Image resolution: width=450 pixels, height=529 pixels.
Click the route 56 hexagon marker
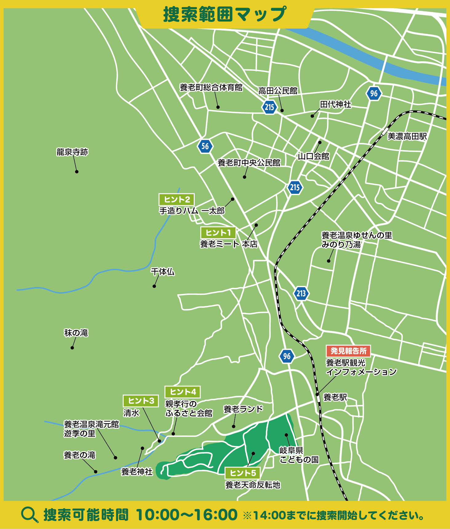click(x=205, y=146)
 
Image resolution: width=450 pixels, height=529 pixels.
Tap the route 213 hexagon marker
click(x=301, y=293)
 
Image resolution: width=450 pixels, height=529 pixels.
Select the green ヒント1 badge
click(x=218, y=233)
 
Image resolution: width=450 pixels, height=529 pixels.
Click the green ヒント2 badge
click(x=177, y=199)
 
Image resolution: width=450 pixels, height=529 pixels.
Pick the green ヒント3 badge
click(x=141, y=401)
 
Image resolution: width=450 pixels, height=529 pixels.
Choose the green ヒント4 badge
click(x=183, y=392)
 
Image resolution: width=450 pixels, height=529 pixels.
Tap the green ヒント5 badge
click(x=242, y=473)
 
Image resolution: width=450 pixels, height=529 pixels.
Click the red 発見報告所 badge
click(x=348, y=351)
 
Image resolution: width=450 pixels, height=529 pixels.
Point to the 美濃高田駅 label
click(x=407, y=136)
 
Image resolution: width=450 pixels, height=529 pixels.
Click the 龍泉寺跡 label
click(x=72, y=152)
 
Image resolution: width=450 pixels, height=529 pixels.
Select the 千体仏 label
click(x=162, y=272)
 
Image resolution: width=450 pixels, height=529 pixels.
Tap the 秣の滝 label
click(x=76, y=333)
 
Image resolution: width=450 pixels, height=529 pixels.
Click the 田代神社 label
click(x=336, y=105)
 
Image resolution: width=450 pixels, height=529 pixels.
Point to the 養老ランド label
click(x=243, y=409)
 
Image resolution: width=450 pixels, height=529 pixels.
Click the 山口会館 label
click(x=313, y=156)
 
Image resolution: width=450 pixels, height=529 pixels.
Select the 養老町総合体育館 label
click(x=211, y=87)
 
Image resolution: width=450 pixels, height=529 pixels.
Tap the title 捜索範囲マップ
click(x=225, y=14)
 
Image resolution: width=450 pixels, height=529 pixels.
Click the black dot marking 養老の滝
click(x=96, y=472)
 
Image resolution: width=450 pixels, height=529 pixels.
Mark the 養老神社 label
click(x=137, y=471)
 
